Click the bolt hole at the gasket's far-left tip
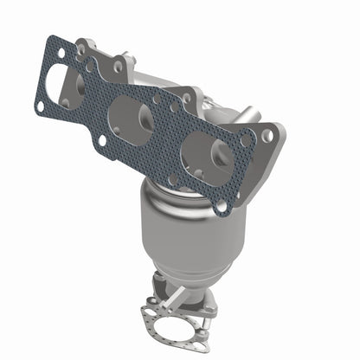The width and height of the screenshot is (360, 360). point(40,106)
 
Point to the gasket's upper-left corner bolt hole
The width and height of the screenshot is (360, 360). point(61,53)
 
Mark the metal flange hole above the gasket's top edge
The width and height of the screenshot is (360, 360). point(117,65)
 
